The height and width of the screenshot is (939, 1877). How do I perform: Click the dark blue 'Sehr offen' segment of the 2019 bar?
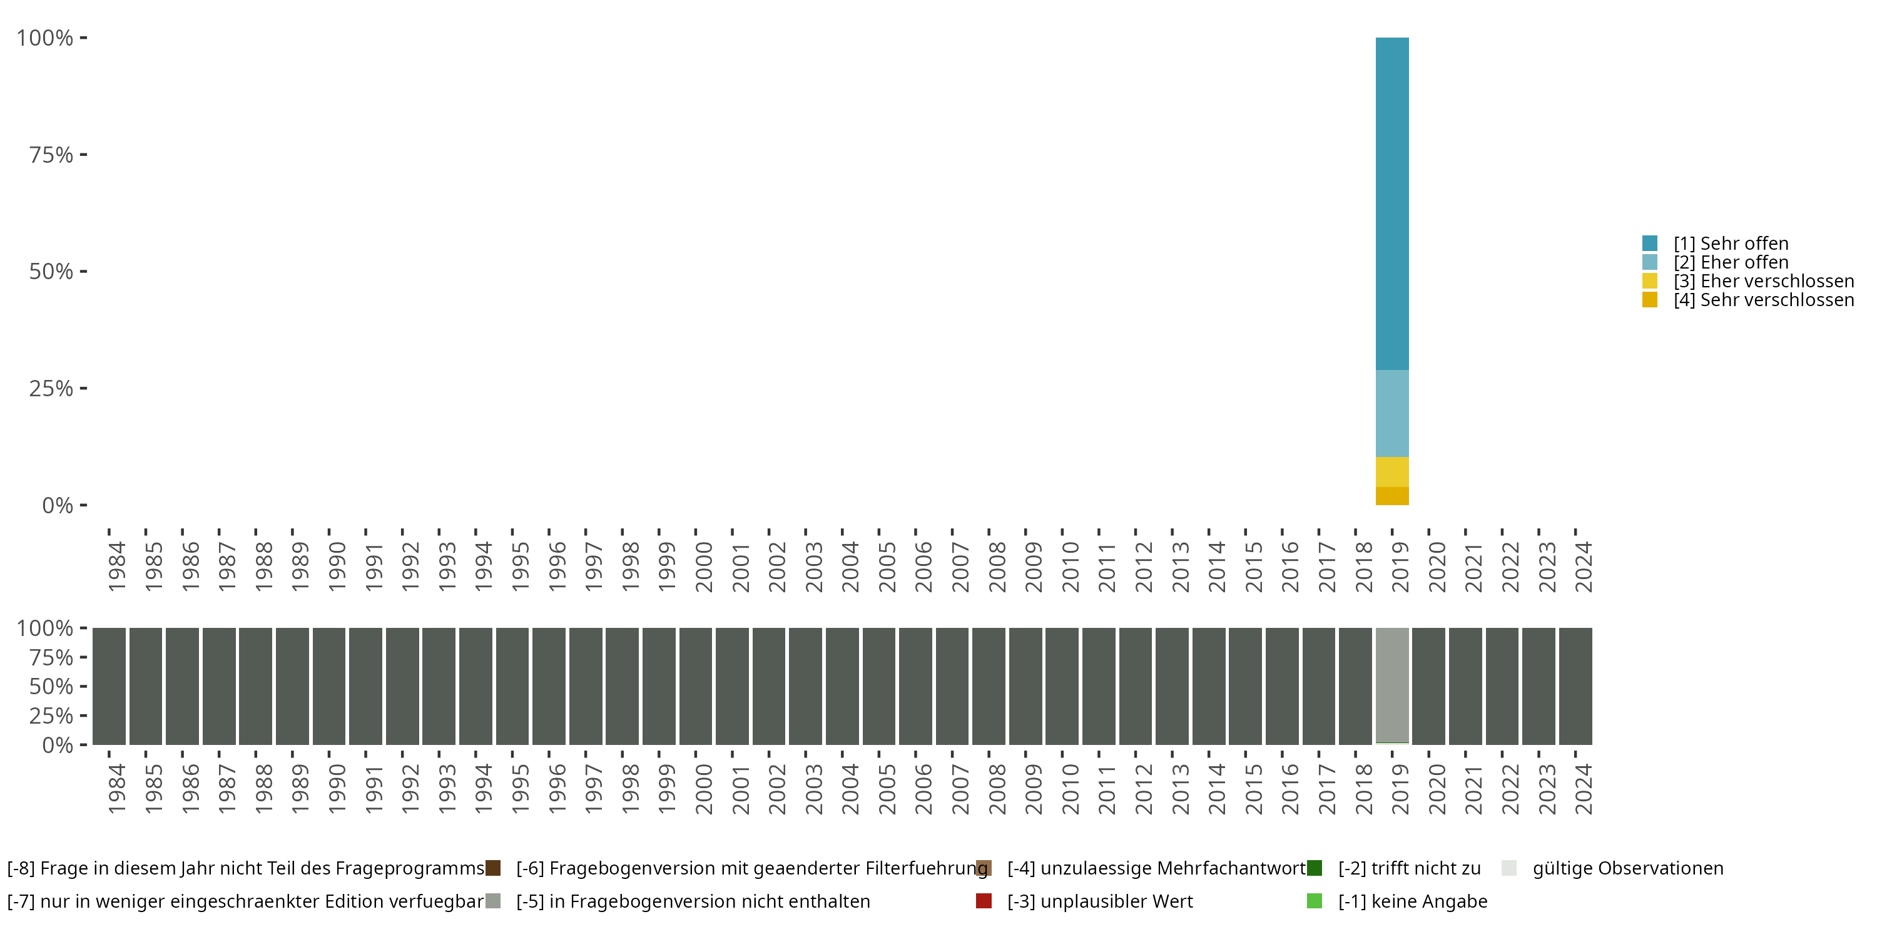(1391, 204)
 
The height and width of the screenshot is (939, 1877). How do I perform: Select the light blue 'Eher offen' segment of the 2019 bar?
(1391, 413)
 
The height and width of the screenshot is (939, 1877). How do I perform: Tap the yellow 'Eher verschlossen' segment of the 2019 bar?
(1391, 471)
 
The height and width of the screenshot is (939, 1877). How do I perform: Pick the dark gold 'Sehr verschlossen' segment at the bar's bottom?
(1391, 496)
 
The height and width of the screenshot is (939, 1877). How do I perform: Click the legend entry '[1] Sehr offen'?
(1730, 244)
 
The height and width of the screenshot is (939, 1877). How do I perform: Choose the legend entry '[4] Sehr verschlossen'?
(1763, 300)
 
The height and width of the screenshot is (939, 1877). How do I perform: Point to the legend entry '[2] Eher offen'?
(1730, 262)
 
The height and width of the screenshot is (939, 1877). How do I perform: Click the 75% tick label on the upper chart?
(51, 155)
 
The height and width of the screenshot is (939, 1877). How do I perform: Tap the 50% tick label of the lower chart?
(51, 687)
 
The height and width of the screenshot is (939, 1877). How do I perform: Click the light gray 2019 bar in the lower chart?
(1391, 685)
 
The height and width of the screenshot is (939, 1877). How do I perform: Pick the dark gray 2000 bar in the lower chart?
(695, 685)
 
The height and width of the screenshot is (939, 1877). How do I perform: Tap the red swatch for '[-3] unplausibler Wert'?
(984, 901)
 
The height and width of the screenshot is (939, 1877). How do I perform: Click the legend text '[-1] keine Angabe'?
(1412, 901)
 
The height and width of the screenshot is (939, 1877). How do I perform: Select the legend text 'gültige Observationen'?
(1628, 868)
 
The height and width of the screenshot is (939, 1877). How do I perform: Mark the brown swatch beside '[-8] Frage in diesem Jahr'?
(493, 868)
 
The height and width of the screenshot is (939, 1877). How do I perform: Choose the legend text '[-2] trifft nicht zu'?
(1409, 868)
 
